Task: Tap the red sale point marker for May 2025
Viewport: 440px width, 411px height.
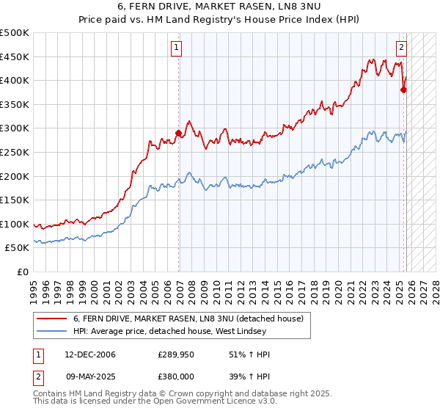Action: (403, 90)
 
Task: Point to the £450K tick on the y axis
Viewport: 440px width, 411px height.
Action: (15, 57)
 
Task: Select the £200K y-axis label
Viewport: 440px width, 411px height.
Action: (15, 176)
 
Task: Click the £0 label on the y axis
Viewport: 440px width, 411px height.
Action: (22, 272)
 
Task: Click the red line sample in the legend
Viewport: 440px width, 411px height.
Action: (51, 319)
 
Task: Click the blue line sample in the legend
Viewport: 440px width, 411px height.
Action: (51, 332)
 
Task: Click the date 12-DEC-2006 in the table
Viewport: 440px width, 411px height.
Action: (89, 354)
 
